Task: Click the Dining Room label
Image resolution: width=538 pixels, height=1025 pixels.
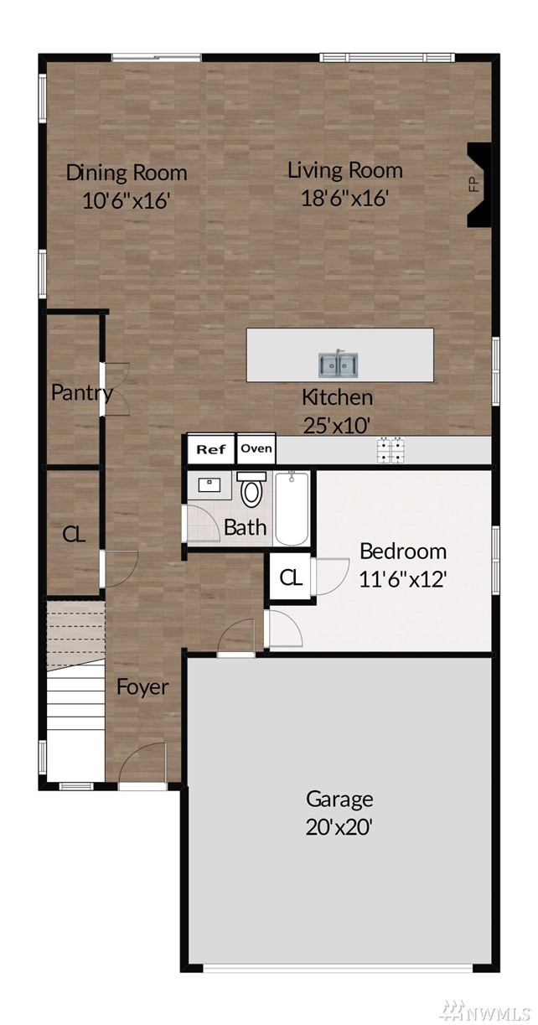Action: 127,173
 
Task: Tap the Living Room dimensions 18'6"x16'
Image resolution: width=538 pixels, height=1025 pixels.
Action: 345,198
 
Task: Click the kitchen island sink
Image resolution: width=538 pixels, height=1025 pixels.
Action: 339,365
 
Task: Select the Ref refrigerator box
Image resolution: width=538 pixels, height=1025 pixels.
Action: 211,449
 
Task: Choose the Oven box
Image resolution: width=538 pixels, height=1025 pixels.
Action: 256,448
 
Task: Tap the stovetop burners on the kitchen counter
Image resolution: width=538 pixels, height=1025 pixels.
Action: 391,450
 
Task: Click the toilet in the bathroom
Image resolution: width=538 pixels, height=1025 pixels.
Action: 251,489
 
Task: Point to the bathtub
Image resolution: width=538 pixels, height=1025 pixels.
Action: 292,509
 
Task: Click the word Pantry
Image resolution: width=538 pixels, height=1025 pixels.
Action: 82,392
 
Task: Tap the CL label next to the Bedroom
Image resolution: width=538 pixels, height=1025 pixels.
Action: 291,578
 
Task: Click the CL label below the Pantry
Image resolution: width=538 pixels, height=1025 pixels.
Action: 74,534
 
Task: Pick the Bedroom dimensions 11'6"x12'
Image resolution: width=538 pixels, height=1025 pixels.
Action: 402,579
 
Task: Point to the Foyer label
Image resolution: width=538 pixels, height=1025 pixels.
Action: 142,687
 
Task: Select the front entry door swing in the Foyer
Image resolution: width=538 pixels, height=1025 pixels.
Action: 142,763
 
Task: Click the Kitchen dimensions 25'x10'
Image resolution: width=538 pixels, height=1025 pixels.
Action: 337,426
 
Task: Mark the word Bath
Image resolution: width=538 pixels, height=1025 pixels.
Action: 246,527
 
